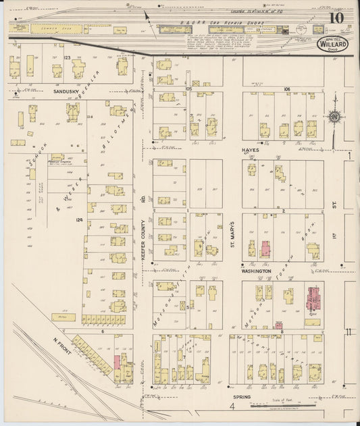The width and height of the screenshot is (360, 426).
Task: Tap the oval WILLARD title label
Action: pyautogui.click(x=330, y=45)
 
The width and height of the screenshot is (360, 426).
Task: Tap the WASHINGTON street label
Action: pyautogui.click(x=257, y=271)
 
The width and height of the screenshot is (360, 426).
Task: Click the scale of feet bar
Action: pyautogui.click(x=284, y=406)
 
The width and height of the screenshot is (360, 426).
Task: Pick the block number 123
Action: pyautogui.click(x=67, y=59)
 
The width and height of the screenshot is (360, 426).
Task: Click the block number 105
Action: pyautogui.click(x=188, y=88)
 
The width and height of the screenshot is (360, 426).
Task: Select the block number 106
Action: pyautogui.click(x=286, y=88)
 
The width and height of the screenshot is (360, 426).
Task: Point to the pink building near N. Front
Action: pyautogui.click(x=116, y=363)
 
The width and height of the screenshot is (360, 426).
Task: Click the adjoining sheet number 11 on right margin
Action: pyautogui.click(x=348, y=331)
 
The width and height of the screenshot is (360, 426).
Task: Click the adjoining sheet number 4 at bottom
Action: pyautogui.click(x=231, y=408)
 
